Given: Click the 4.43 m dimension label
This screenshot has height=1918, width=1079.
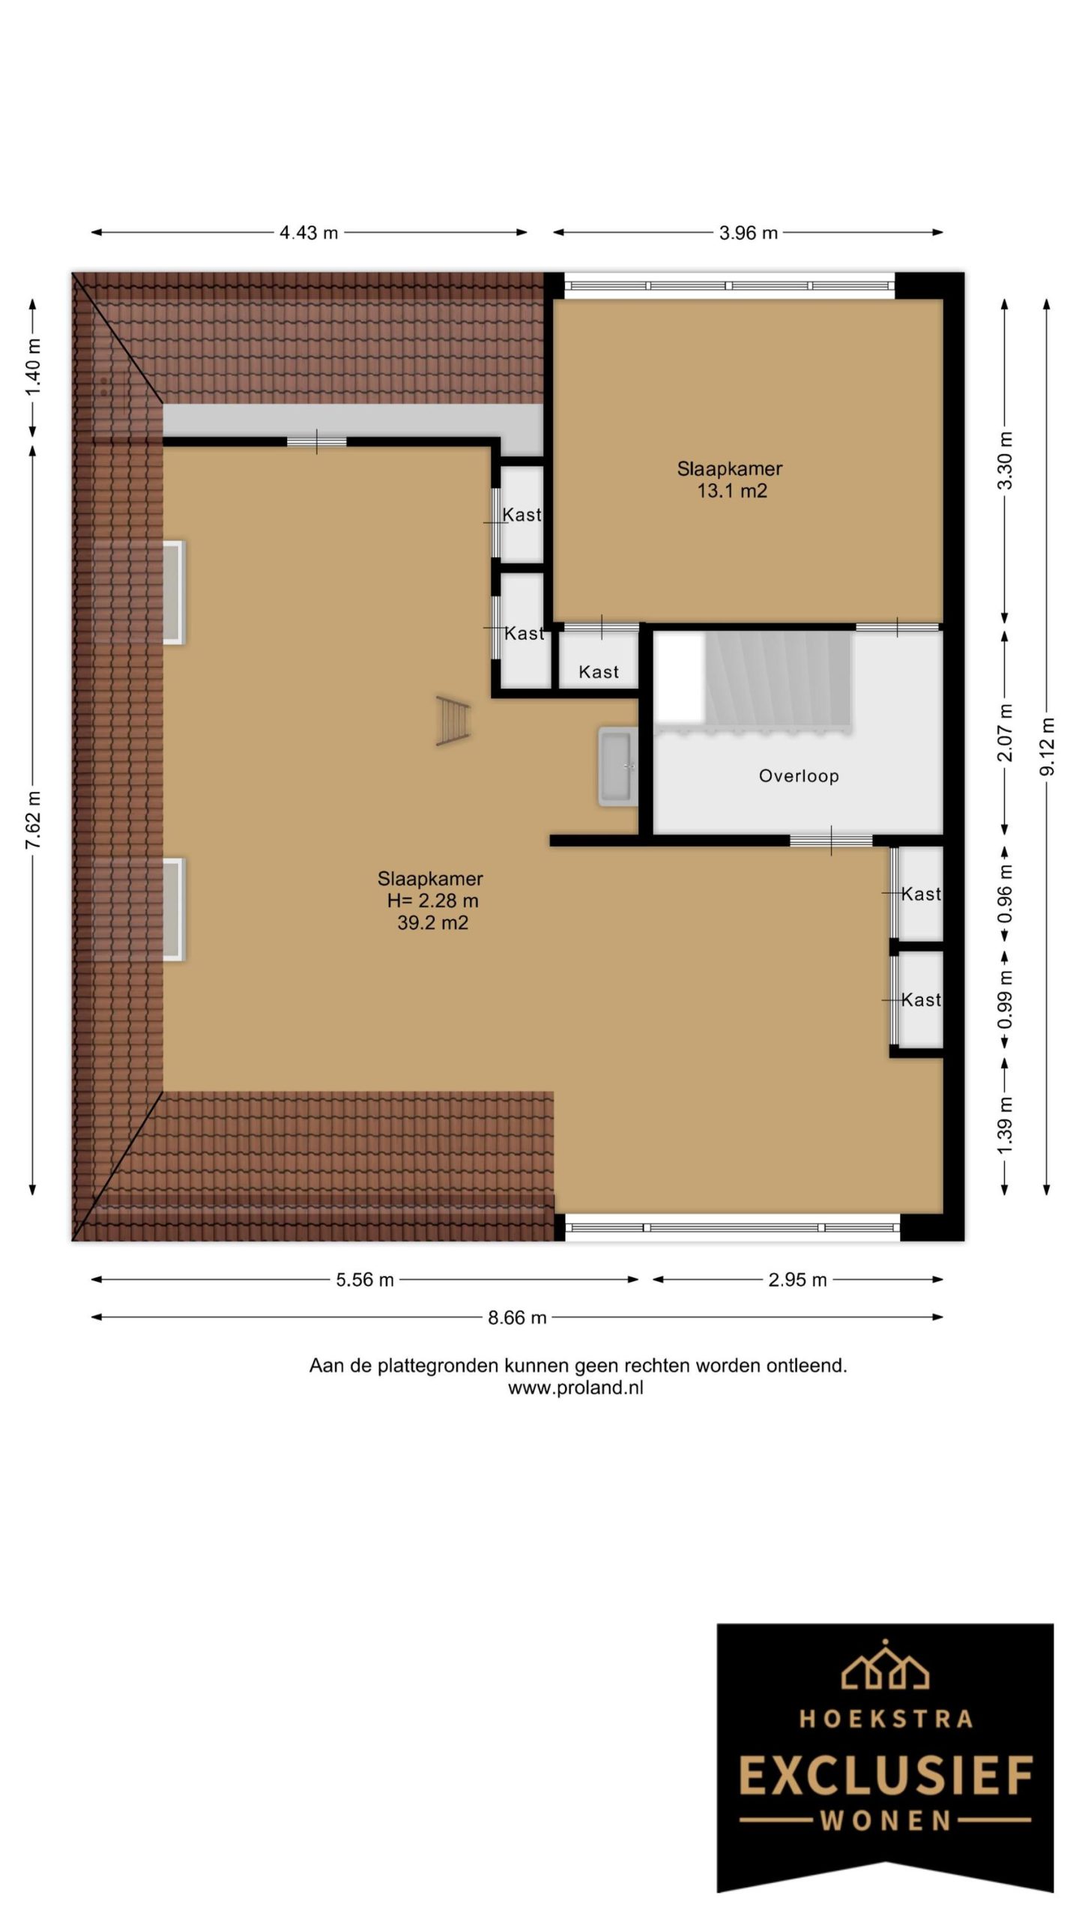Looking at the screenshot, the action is click(x=309, y=233).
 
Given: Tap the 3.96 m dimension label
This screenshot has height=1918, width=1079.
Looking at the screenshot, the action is click(x=748, y=233).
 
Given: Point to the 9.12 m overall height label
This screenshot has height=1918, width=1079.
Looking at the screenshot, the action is click(x=1047, y=746).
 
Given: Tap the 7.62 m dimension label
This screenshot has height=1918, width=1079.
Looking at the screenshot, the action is click(x=33, y=820).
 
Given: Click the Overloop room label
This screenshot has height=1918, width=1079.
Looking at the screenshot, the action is click(x=799, y=776).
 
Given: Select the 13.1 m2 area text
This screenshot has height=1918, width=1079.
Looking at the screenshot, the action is click(x=732, y=491).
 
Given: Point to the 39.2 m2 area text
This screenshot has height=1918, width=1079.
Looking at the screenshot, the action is click(x=432, y=923).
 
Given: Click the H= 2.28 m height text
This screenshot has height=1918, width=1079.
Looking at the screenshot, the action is click(x=432, y=901).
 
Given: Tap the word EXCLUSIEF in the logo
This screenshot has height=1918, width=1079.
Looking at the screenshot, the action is click(x=886, y=1776).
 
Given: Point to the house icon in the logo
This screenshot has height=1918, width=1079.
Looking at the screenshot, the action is click(x=886, y=1666).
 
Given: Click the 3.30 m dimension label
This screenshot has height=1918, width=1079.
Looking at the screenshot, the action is click(x=1005, y=461).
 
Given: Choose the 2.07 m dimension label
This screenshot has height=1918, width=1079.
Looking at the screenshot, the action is click(x=1005, y=732).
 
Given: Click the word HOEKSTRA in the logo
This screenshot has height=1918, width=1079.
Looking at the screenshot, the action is click(x=886, y=1718).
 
